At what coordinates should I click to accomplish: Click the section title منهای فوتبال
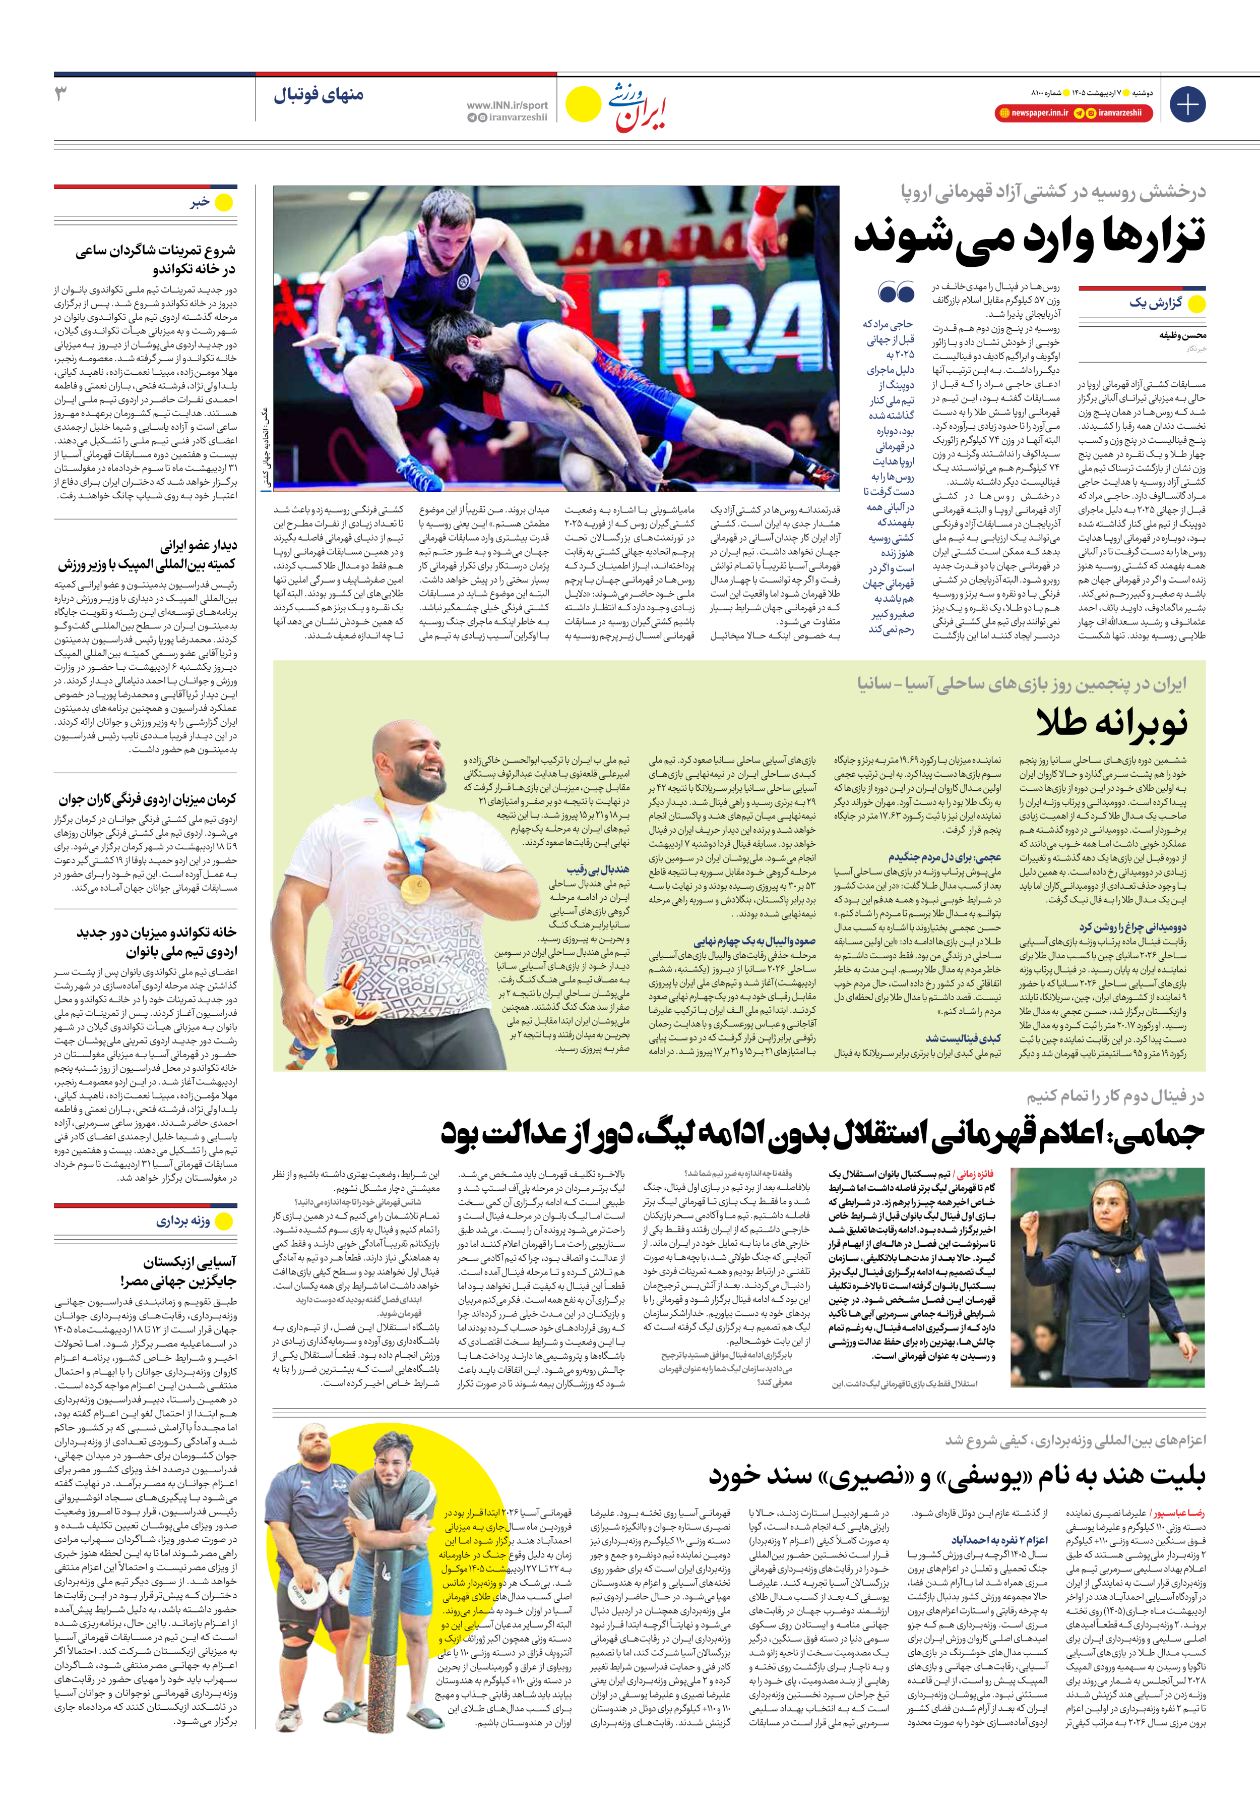point(319,95)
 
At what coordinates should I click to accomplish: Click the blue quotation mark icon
point(896,293)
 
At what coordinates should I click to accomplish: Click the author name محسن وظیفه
point(1182,336)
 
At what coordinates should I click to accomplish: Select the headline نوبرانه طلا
point(1112,722)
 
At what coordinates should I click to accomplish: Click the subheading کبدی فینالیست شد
point(963,1038)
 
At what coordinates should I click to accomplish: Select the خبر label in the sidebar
point(200,202)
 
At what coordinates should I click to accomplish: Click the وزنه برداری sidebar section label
point(182,1222)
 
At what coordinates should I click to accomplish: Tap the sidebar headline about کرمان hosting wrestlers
point(147,799)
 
